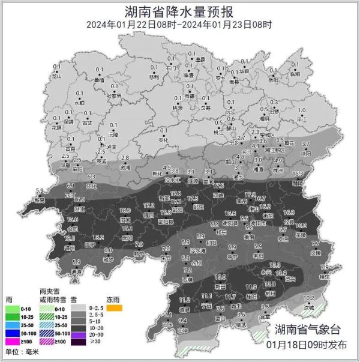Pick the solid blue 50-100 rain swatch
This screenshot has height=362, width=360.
coord(13,332)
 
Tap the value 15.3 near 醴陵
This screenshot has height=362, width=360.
coord(298,173)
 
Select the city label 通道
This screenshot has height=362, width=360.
coord(76,271)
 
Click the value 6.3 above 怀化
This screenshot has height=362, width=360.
coord(92,177)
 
